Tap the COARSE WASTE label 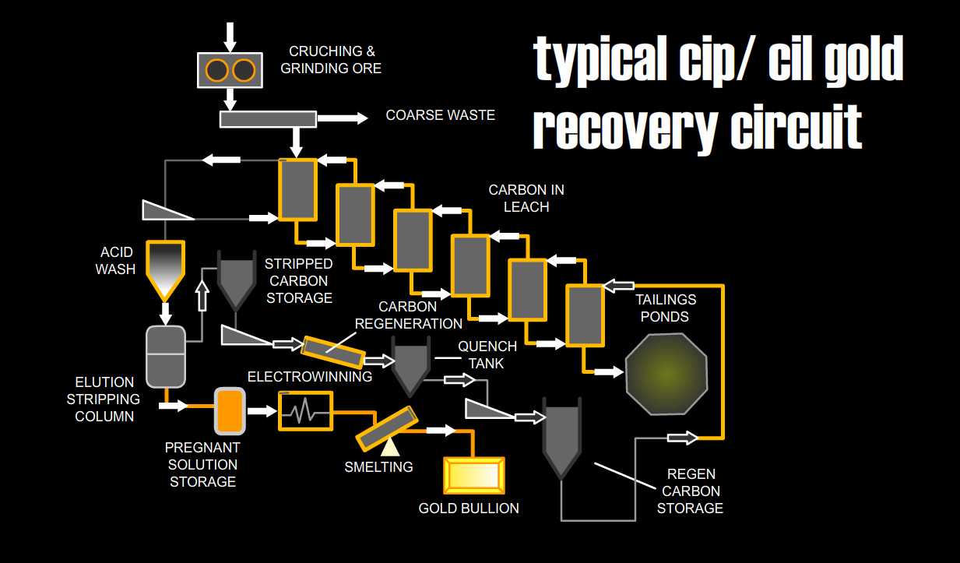(x=440, y=115)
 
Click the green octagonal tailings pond (x=667, y=375)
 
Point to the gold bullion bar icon (x=473, y=475)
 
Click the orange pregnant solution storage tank (x=230, y=410)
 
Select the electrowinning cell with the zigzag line (x=305, y=410)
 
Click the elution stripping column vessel (x=166, y=356)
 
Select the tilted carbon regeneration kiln (x=333, y=352)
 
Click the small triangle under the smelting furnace (x=389, y=445)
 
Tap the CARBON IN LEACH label (x=526, y=199)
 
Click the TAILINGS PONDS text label (x=666, y=308)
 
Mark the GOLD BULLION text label (x=469, y=508)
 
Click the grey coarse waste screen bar (x=268, y=119)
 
